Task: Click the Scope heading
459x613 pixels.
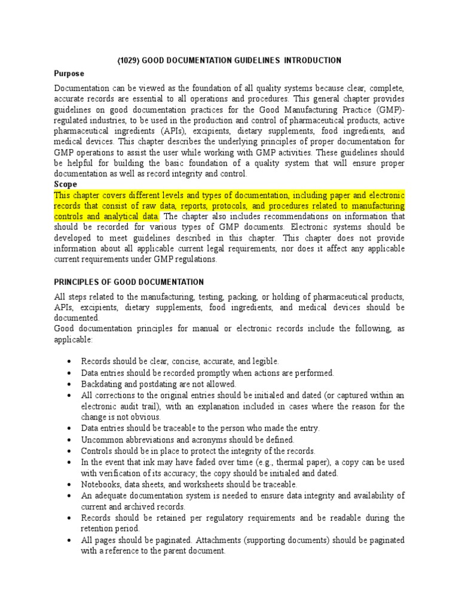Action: click(65, 184)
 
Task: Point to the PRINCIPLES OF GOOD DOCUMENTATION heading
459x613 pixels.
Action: click(128, 282)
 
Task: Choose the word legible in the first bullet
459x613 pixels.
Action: click(264, 362)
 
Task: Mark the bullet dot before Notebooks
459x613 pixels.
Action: click(71, 484)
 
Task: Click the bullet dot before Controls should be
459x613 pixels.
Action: click(71, 451)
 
